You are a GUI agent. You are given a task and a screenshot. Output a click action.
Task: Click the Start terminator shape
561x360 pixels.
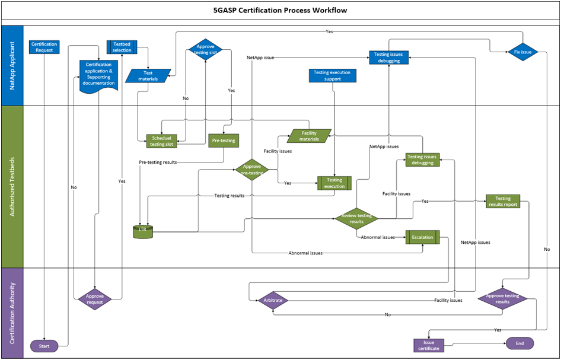click(x=44, y=346)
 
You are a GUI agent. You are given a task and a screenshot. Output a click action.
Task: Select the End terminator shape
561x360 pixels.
click(x=519, y=343)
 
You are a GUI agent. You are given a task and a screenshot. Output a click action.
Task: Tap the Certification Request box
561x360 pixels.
click(x=44, y=47)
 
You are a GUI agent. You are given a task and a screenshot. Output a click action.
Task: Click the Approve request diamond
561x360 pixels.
click(x=95, y=299)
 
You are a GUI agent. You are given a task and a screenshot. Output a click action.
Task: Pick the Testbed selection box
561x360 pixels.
click(x=122, y=47)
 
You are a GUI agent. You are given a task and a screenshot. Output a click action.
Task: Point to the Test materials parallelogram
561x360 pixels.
click(x=148, y=76)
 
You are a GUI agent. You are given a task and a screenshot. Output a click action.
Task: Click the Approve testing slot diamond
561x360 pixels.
click(x=205, y=50)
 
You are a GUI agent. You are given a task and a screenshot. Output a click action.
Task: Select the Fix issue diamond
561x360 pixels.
click(x=522, y=52)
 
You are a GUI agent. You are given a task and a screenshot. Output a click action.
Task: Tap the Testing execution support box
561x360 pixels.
click(x=332, y=75)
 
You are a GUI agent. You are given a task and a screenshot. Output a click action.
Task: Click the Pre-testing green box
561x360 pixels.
click(x=224, y=141)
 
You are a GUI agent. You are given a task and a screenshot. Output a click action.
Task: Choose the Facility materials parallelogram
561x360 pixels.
click(x=309, y=136)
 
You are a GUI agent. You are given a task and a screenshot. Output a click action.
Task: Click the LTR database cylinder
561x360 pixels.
click(x=143, y=232)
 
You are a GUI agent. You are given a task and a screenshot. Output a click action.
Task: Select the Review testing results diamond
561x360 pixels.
click(x=356, y=219)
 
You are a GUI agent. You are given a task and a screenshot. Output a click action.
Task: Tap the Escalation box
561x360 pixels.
click(x=423, y=237)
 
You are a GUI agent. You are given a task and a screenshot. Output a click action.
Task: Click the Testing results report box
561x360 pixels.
click(x=503, y=201)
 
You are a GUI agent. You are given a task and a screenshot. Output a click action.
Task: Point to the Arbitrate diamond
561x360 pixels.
click(x=273, y=300)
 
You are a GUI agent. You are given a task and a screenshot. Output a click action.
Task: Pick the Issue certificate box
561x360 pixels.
click(x=429, y=345)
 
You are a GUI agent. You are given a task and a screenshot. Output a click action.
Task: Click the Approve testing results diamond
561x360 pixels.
click(x=503, y=299)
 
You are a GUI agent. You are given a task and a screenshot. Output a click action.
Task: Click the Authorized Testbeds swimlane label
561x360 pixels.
click(x=12, y=187)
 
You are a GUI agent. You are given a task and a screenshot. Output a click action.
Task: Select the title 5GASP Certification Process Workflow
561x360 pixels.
click(x=280, y=10)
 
